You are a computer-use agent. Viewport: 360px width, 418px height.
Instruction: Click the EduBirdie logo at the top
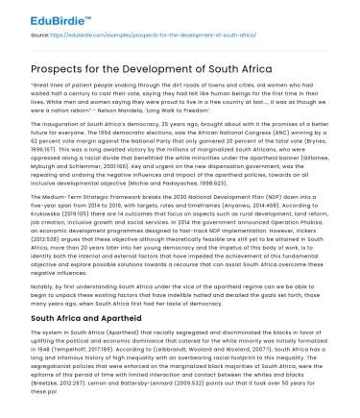click(39, 16)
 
